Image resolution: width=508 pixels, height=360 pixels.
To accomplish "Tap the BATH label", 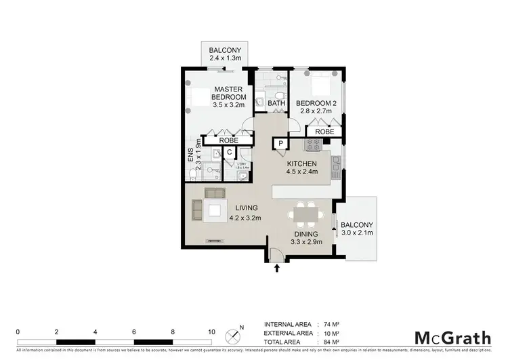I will coord(276,103).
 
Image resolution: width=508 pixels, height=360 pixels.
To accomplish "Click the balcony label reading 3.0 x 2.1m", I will coord(356,229).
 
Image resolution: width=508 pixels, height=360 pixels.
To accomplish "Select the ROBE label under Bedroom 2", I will coord(323,131).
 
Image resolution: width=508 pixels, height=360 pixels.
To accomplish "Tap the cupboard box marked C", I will coord(229,153).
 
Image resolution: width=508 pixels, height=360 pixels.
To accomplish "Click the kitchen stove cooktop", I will coord(314,144).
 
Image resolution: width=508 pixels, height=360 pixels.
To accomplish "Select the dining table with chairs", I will coord(305,216).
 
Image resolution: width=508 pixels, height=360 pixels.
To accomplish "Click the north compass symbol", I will coord(234,334).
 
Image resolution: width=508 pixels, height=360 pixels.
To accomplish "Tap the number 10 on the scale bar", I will coord(211,332).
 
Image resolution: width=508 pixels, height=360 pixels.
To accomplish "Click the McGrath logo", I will coord(452,336).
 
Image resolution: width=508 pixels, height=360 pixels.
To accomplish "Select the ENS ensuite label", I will coord(191,155).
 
